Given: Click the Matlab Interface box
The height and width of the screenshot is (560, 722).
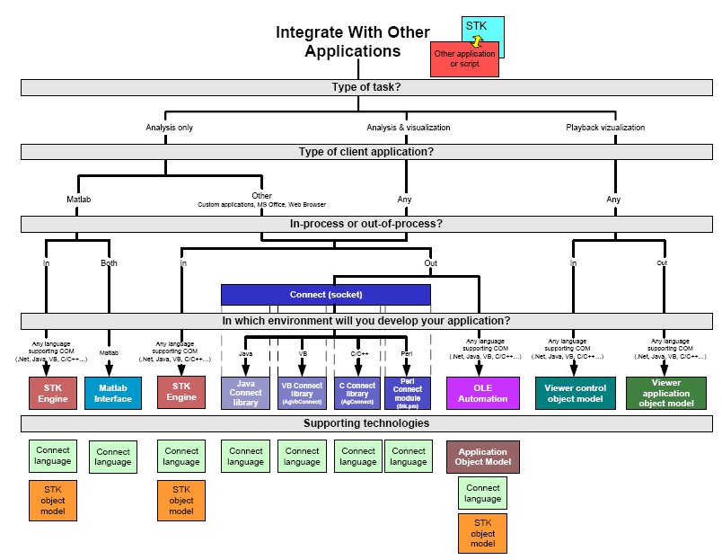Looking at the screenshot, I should coord(113,393).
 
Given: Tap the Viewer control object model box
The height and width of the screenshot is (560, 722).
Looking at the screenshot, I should coord(576,393).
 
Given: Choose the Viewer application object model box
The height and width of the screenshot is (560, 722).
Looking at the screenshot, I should coord(666,393).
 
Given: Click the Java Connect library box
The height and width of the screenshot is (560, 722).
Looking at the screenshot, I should coord(245,393).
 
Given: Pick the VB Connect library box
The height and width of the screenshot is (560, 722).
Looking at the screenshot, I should coord(302,393).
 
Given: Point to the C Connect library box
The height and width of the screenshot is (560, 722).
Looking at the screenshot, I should coord(357,393).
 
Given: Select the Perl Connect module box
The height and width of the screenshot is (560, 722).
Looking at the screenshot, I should coord(408,393).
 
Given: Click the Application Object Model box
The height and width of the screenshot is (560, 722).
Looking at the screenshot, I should coord(483,457).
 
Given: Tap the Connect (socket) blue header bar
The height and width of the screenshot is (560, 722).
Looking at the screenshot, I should coord(326,294).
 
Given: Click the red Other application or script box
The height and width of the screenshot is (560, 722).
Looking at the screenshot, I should coord(464,58).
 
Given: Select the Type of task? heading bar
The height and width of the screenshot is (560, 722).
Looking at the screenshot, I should coord(365,87).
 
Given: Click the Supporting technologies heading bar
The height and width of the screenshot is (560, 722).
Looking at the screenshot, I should coord(365,423).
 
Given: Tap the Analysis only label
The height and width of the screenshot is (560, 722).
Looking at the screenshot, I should coord(169,128).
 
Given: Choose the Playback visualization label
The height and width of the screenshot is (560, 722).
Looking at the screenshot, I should coord(605,128).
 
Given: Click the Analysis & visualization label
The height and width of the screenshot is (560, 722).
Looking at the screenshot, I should coord(396,128).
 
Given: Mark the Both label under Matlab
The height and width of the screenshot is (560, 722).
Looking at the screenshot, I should coord(110,263).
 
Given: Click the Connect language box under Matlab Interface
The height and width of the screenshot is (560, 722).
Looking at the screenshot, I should coord(113,457).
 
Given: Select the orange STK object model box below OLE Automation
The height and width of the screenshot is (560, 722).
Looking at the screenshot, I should coord(483,532).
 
